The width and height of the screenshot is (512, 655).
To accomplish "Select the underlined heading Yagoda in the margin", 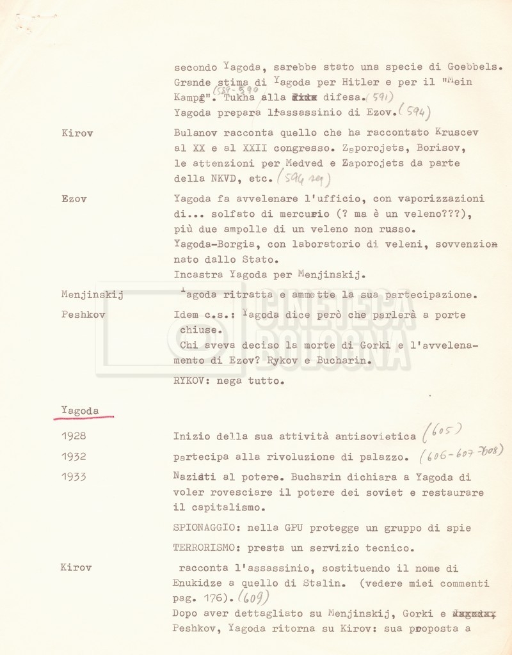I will pyautogui.click(x=80, y=411).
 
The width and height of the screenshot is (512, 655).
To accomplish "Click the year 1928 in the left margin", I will pyautogui.click(x=74, y=436).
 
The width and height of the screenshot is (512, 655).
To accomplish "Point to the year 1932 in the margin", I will pyautogui.click(x=74, y=457).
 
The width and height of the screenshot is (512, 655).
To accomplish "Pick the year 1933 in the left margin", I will pyautogui.click(x=74, y=477).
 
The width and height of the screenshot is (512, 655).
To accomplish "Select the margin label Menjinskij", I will pyautogui.click(x=92, y=295).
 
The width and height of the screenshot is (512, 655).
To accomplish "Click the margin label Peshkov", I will pyautogui.click(x=83, y=315).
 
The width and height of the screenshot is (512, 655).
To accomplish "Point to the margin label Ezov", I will pyautogui.click(x=74, y=199).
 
